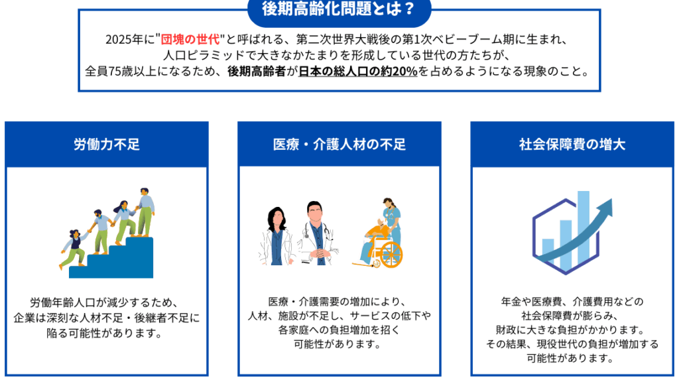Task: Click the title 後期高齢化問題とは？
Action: (339, 8)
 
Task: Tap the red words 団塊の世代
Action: (190, 39)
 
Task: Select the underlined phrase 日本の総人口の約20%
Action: (358, 71)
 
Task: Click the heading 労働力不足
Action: (107, 144)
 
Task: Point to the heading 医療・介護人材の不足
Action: (339, 144)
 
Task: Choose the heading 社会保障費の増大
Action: (572, 144)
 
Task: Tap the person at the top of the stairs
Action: (145, 212)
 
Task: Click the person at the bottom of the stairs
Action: (74, 249)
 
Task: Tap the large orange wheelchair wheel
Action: (391, 254)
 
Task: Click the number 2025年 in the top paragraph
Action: (124, 39)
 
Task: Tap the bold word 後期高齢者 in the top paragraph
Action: (257, 71)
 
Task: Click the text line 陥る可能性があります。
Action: (106, 334)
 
